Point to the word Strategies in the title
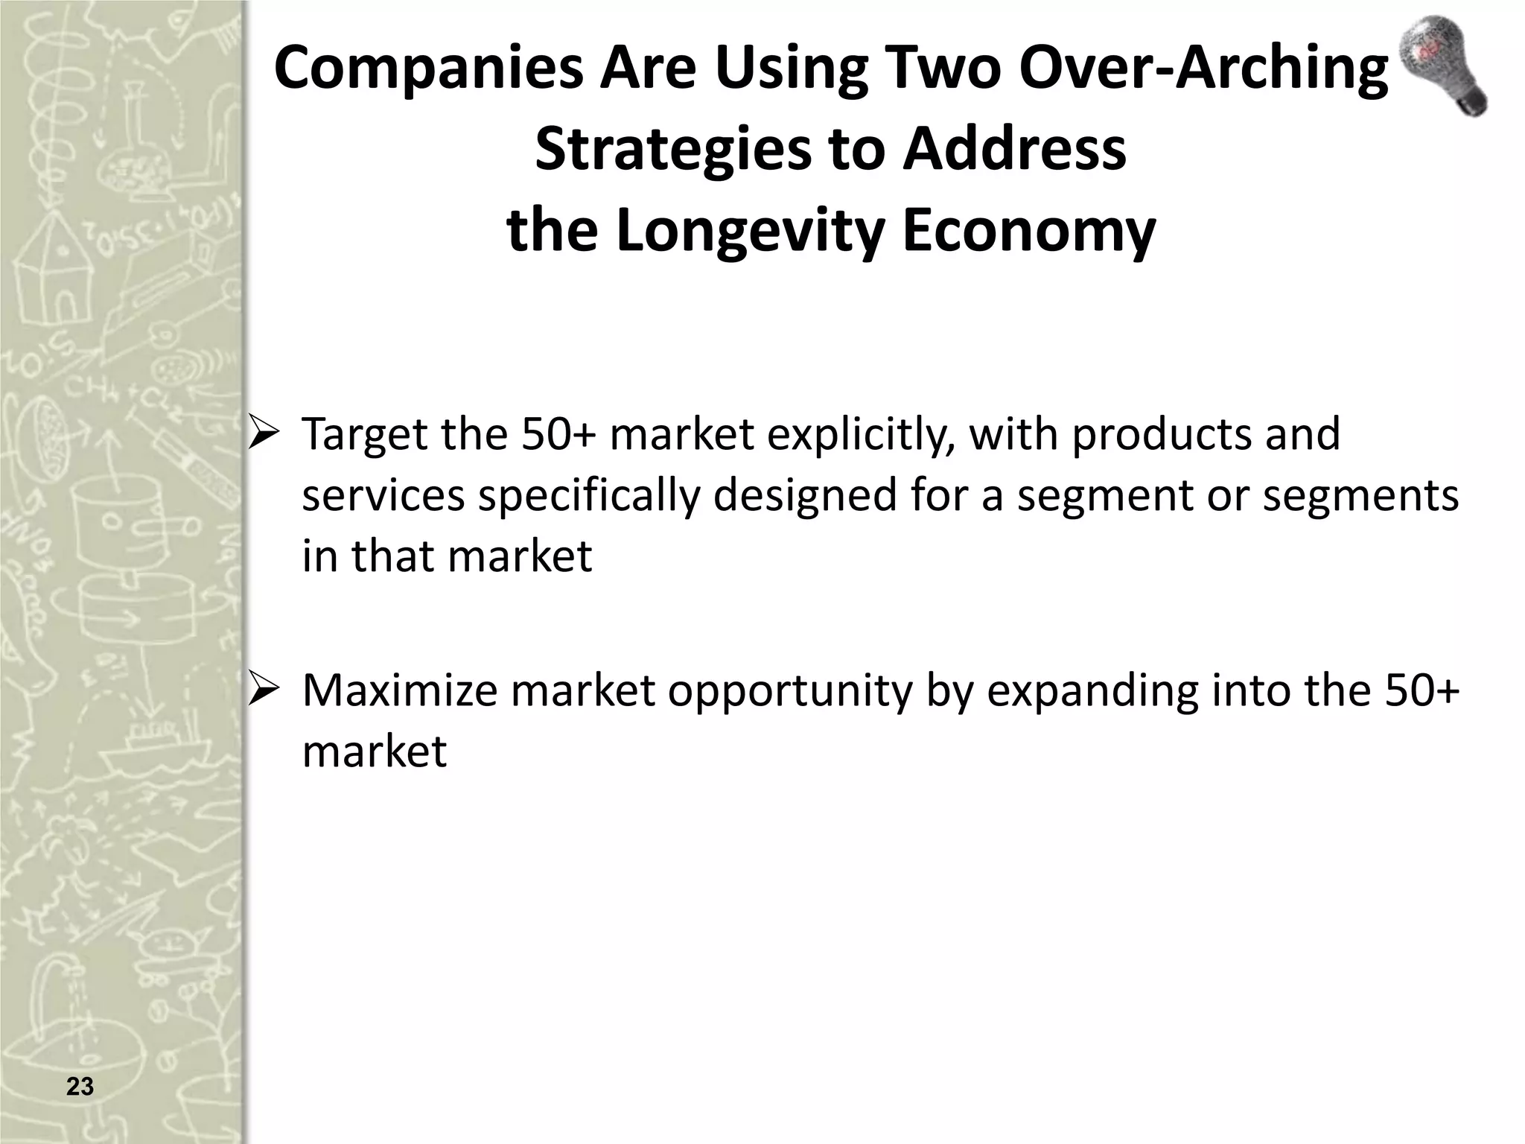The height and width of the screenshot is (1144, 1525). pyautogui.click(x=670, y=150)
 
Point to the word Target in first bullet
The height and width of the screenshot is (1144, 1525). pyautogui.click(x=364, y=433)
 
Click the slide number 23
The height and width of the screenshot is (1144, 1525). pyautogui.click(x=80, y=1087)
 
